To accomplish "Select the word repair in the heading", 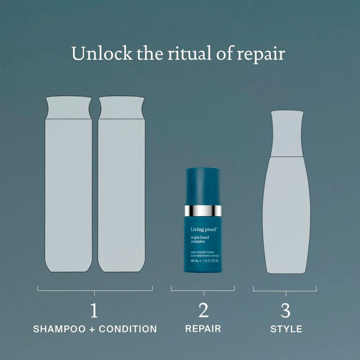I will (261, 54).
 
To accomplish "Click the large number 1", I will (95, 311).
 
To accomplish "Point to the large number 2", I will (204, 311).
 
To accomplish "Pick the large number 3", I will (286, 311).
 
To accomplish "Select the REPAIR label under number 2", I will (204, 329).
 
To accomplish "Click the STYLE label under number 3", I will (286, 329).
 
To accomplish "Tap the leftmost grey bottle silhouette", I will (69, 192).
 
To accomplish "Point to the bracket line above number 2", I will (203, 289).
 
